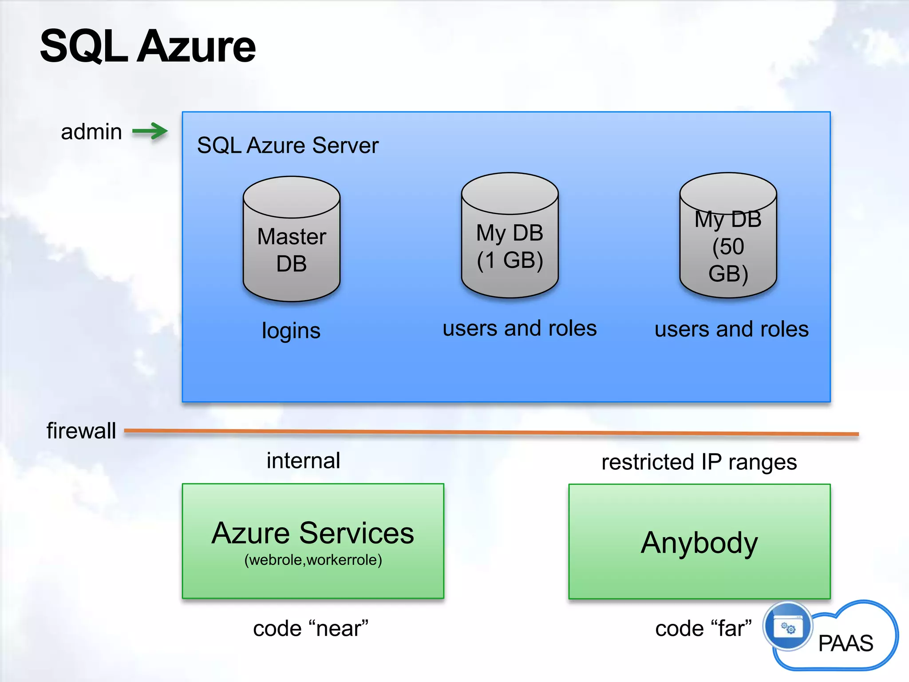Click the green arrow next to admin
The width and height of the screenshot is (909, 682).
(x=150, y=131)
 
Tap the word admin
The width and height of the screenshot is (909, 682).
(x=91, y=132)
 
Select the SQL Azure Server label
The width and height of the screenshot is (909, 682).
(x=288, y=145)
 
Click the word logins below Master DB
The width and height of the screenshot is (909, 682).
(x=291, y=331)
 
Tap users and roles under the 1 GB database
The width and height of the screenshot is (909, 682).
(x=519, y=329)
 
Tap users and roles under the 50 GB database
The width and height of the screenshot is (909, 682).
(x=731, y=329)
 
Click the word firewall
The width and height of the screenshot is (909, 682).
(x=81, y=431)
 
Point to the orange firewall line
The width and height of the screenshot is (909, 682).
(x=488, y=432)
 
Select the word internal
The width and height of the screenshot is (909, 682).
(x=304, y=460)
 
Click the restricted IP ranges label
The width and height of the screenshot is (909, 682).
(x=699, y=462)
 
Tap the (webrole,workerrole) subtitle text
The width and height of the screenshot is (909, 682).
(x=313, y=560)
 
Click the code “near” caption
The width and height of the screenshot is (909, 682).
(x=311, y=629)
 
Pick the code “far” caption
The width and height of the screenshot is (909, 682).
(x=703, y=629)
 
